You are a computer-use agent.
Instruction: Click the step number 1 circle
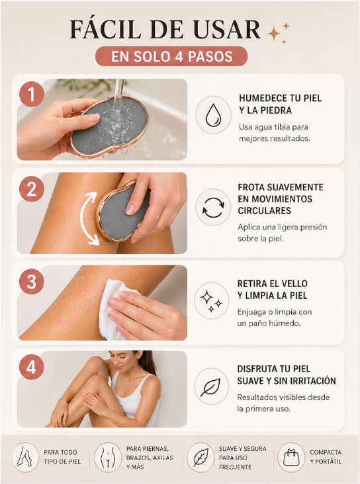pyautogui.click(x=32, y=95)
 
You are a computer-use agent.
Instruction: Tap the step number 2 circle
pyautogui.click(x=32, y=189)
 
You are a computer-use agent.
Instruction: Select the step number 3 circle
pyautogui.click(x=32, y=282)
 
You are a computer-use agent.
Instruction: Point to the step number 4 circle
pyautogui.click(x=32, y=368)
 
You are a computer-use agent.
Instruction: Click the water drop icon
pyautogui.click(x=213, y=115)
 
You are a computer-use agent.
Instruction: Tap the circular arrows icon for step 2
pyautogui.click(x=213, y=208)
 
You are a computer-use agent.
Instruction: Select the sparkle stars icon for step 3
pyautogui.click(x=211, y=301)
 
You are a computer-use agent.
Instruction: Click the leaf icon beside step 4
pyautogui.click(x=210, y=387)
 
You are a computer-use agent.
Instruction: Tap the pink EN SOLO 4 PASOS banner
pyautogui.click(x=171, y=56)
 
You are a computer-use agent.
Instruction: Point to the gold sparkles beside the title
pyautogui.click(x=278, y=33)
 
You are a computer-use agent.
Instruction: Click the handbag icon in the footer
pyautogui.click(x=291, y=458)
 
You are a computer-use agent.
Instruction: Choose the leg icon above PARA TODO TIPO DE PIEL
pyautogui.click(x=23, y=457)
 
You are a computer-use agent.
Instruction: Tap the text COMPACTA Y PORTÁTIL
pyautogui.click(x=326, y=457)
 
